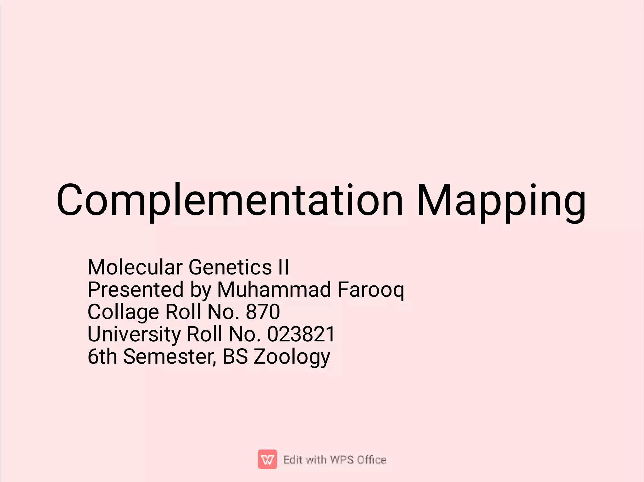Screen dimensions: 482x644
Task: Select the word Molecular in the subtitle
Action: pos(135,267)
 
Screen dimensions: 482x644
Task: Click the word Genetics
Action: pos(230,267)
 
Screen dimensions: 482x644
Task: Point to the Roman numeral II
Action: pos(283,267)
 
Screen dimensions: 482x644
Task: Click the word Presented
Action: pos(135,290)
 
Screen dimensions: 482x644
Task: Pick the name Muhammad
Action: pos(274,290)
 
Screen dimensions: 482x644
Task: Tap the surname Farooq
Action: pos(371,290)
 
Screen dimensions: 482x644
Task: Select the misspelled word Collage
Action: pos(123,312)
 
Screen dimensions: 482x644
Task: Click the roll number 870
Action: pos(263,312)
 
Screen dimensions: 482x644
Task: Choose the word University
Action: pos(134,334)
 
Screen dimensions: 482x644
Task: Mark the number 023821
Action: pos(301,334)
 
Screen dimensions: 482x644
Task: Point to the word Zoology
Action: pos(292,357)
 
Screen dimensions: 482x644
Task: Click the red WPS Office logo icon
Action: pos(267,459)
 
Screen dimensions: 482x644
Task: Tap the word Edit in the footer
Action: pos(292,460)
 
